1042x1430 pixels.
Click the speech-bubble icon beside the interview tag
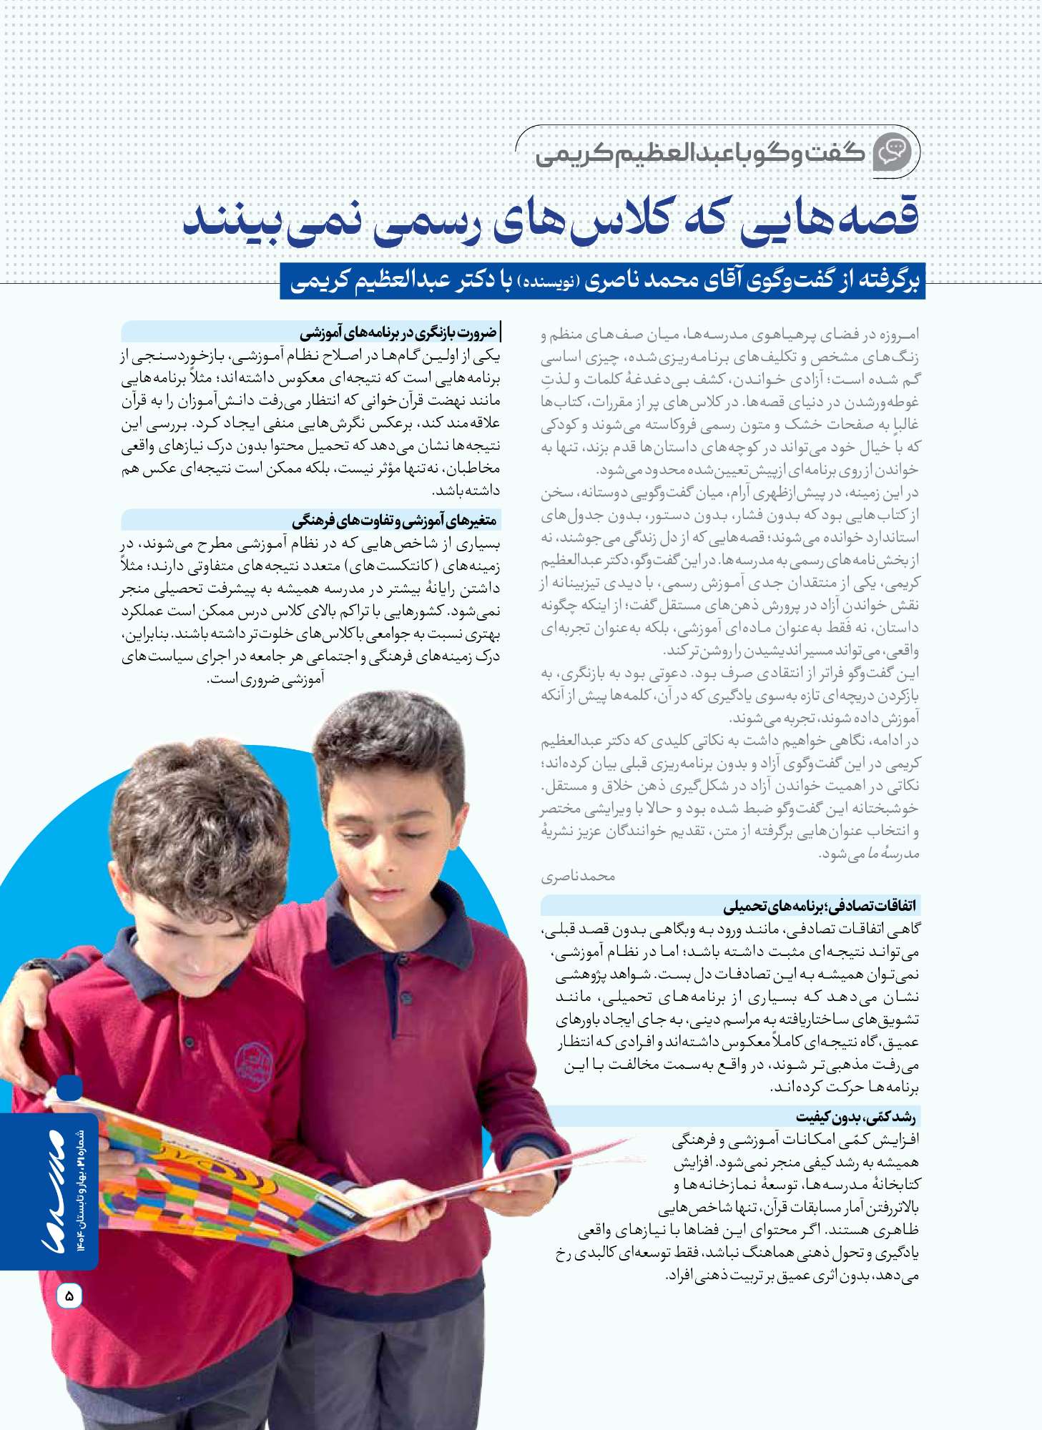(x=893, y=152)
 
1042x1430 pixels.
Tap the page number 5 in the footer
(x=69, y=1295)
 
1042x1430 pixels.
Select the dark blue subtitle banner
(x=602, y=281)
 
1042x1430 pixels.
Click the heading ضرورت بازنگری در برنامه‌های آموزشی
(x=398, y=332)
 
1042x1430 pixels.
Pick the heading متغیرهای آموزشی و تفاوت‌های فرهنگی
(x=394, y=520)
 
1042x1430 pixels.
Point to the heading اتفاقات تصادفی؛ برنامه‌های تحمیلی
(x=819, y=906)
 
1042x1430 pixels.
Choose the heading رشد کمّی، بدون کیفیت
(x=855, y=1117)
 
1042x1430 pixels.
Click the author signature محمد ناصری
(x=578, y=877)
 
